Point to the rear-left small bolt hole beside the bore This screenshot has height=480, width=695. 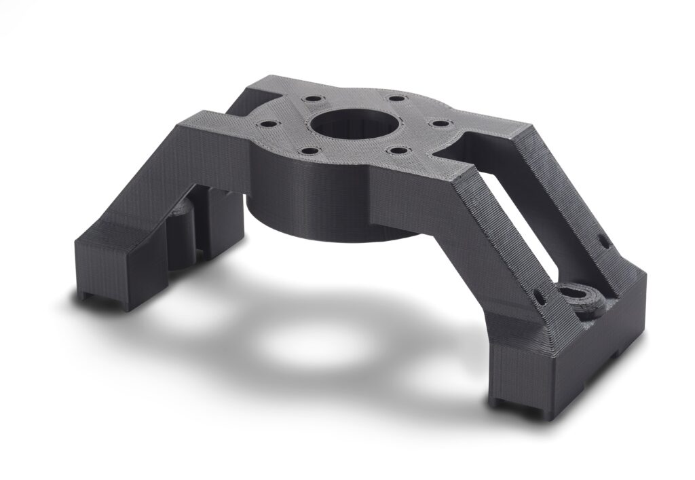tap(312, 99)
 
